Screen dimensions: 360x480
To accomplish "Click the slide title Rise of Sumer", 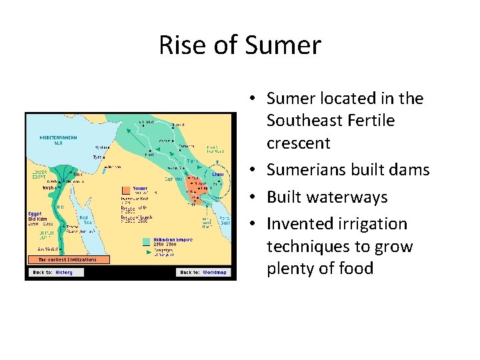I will click(x=240, y=45).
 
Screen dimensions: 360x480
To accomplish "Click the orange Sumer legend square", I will click(x=126, y=189).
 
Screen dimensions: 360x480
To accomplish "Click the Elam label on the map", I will click(x=217, y=174).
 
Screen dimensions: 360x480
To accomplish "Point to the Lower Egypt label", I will click(x=39, y=173).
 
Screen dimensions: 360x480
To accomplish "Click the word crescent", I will click(x=299, y=143).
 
